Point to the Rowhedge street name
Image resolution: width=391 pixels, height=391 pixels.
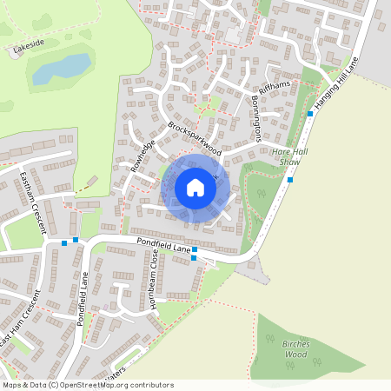[142, 156]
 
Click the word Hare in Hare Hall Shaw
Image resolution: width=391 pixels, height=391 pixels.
[282, 151]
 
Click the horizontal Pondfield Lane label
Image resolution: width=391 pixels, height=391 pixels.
[162, 245]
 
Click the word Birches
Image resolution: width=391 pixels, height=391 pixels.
[296, 344]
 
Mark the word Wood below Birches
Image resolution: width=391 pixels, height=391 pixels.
[296, 355]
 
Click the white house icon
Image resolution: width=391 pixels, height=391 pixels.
[195, 188]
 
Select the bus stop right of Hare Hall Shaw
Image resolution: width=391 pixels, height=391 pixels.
[290, 180]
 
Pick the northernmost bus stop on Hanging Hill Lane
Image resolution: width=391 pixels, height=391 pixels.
[311, 113]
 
